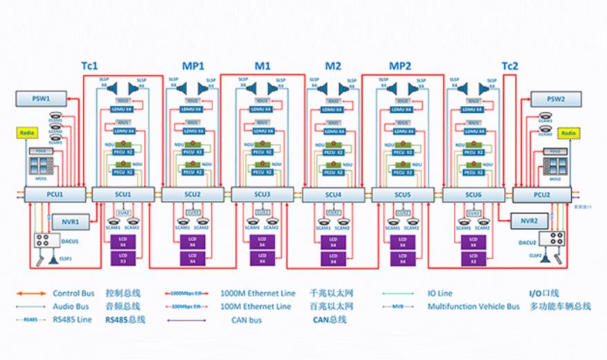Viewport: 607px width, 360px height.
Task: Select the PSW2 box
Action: coord(554,98)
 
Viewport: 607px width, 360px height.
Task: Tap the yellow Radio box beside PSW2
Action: coord(569,132)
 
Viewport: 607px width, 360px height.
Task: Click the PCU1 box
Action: coord(54,195)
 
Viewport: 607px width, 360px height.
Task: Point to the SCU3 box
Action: coord(262,195)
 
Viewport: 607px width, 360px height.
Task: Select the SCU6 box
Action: coord(473,195)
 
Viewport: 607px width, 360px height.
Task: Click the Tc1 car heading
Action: coord(90,66)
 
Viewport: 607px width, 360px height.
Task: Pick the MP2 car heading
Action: coord(399,66)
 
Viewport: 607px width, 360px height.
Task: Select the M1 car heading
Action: coord(262,66)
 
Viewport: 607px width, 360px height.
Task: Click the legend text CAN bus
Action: coord(248,319)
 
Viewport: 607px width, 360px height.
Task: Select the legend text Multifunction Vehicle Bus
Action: coord(473,306)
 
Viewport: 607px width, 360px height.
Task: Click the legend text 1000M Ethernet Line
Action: coord(255,293)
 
